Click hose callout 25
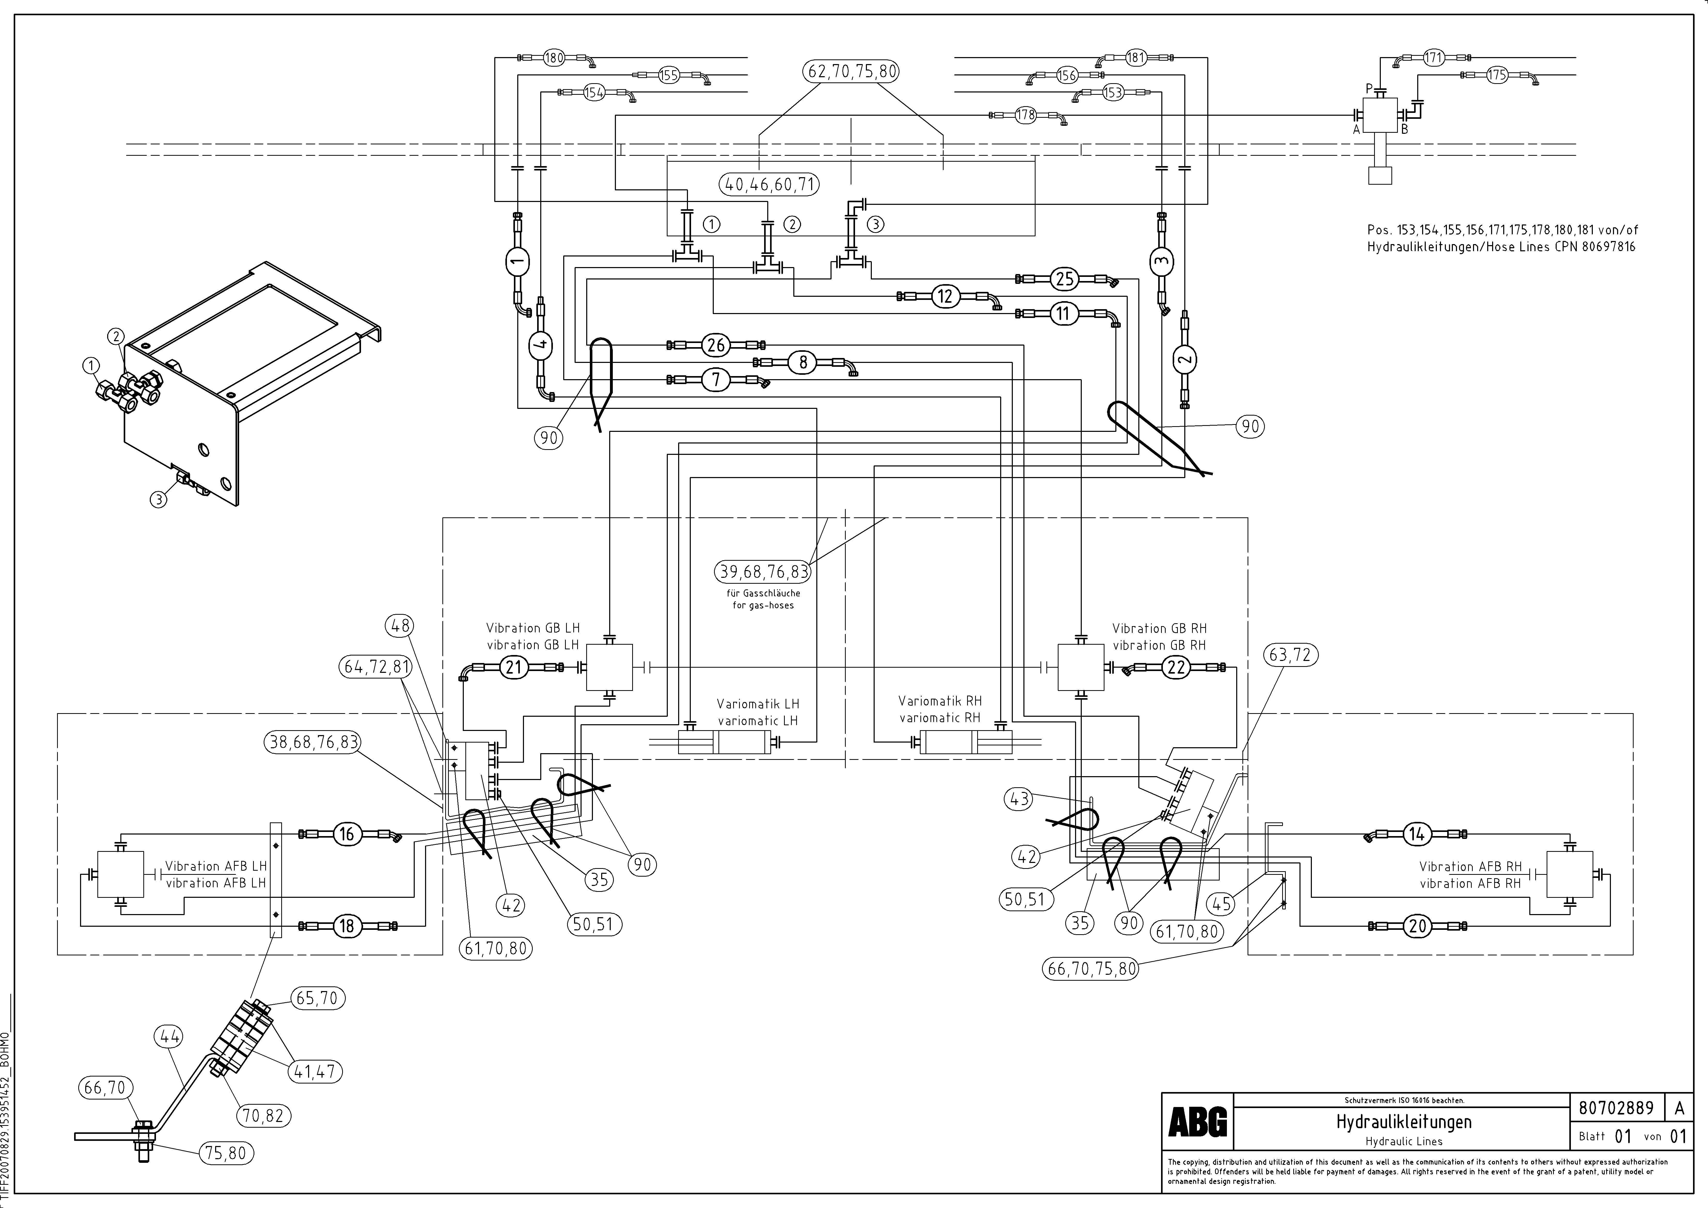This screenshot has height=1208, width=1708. (x=1064, y=279)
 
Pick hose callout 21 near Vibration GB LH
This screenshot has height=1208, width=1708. (x=513, y=667)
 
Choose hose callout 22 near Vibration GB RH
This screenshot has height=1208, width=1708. (x=1176, y=667)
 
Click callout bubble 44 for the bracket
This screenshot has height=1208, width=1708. (x=170, y=1036)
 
